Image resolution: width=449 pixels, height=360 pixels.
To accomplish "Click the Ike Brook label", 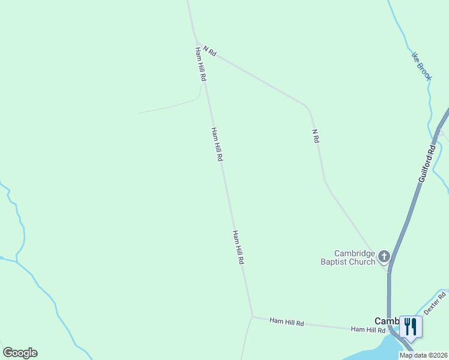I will (421, 66).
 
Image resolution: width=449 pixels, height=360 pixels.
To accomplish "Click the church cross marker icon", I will (384, 257).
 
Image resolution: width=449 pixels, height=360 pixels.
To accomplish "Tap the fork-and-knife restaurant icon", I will (411, 327).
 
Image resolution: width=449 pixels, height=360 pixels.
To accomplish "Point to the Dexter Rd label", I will (435, 304).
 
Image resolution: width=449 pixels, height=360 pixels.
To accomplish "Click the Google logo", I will (20, 353).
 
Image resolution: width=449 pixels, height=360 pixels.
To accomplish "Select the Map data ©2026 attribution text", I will (423, 355).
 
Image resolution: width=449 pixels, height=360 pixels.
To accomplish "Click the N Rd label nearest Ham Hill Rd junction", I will (209, 51).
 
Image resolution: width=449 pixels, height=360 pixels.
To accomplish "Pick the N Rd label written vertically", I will (316, 136).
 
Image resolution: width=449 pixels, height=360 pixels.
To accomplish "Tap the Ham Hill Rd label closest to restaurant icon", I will (367, 330).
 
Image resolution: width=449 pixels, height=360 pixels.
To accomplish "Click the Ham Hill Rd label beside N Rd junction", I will (200, 64).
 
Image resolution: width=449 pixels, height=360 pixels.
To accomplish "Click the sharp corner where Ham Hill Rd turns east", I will (252, 316).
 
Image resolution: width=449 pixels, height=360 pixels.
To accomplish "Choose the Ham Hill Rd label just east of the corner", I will (286, 323).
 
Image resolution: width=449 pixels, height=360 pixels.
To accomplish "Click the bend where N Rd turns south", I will (309, 109).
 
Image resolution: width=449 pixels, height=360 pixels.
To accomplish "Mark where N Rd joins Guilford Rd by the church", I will (388, 271).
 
